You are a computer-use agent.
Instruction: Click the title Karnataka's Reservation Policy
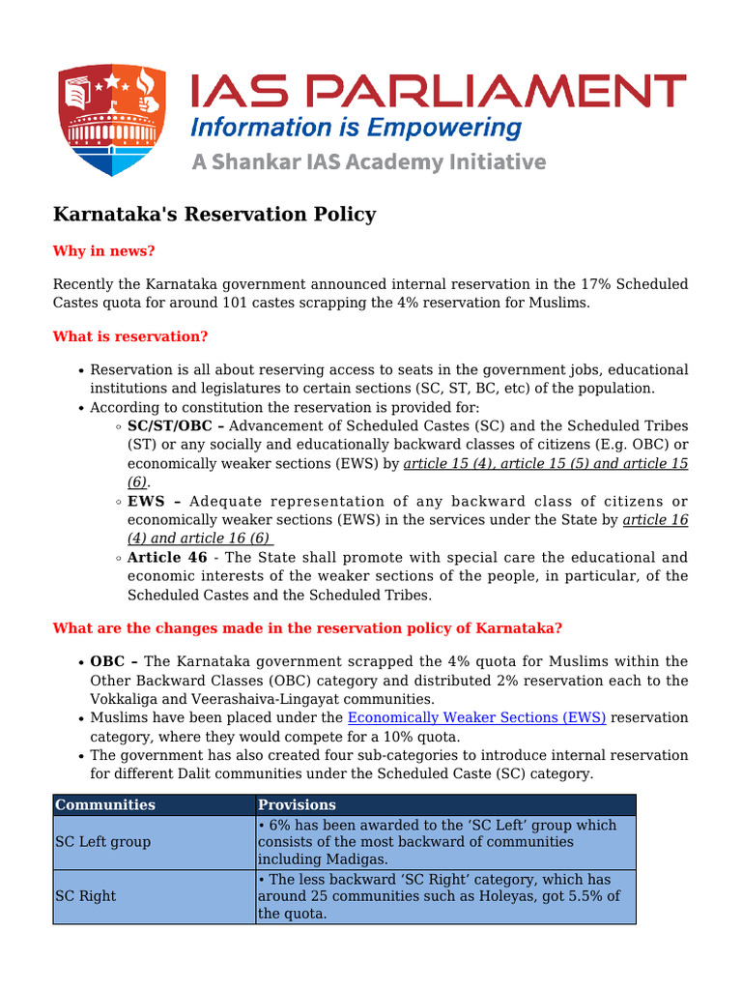point(214,214)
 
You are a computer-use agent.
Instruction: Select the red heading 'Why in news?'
point(103,251)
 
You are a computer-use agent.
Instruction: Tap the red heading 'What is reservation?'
point(130,336)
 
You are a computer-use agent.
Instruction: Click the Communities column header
point(105,804)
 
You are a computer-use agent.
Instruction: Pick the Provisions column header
point(298,804)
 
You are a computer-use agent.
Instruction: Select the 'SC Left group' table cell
point(102,842)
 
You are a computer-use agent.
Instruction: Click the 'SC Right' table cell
point(85,896)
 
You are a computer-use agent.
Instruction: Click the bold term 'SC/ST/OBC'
point(169,426)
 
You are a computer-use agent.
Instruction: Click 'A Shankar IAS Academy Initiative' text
point(368,161)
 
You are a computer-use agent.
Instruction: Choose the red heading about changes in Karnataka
point(307,628)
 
